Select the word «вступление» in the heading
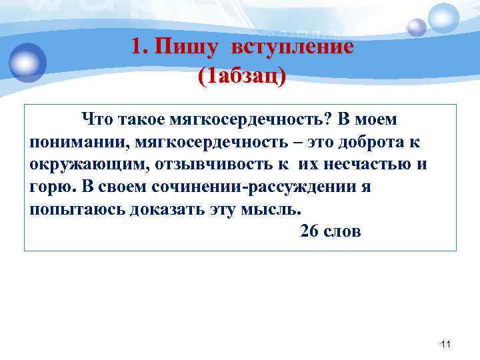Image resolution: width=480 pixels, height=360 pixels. [x=293, y=47]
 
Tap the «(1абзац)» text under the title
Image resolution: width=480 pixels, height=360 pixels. [x=242, y=75]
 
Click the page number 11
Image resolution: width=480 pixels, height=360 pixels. [x=447, y=344]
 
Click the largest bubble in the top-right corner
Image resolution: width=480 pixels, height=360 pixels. [x=443, y=18]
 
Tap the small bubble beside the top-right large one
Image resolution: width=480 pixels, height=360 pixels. [x=416, y=27]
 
